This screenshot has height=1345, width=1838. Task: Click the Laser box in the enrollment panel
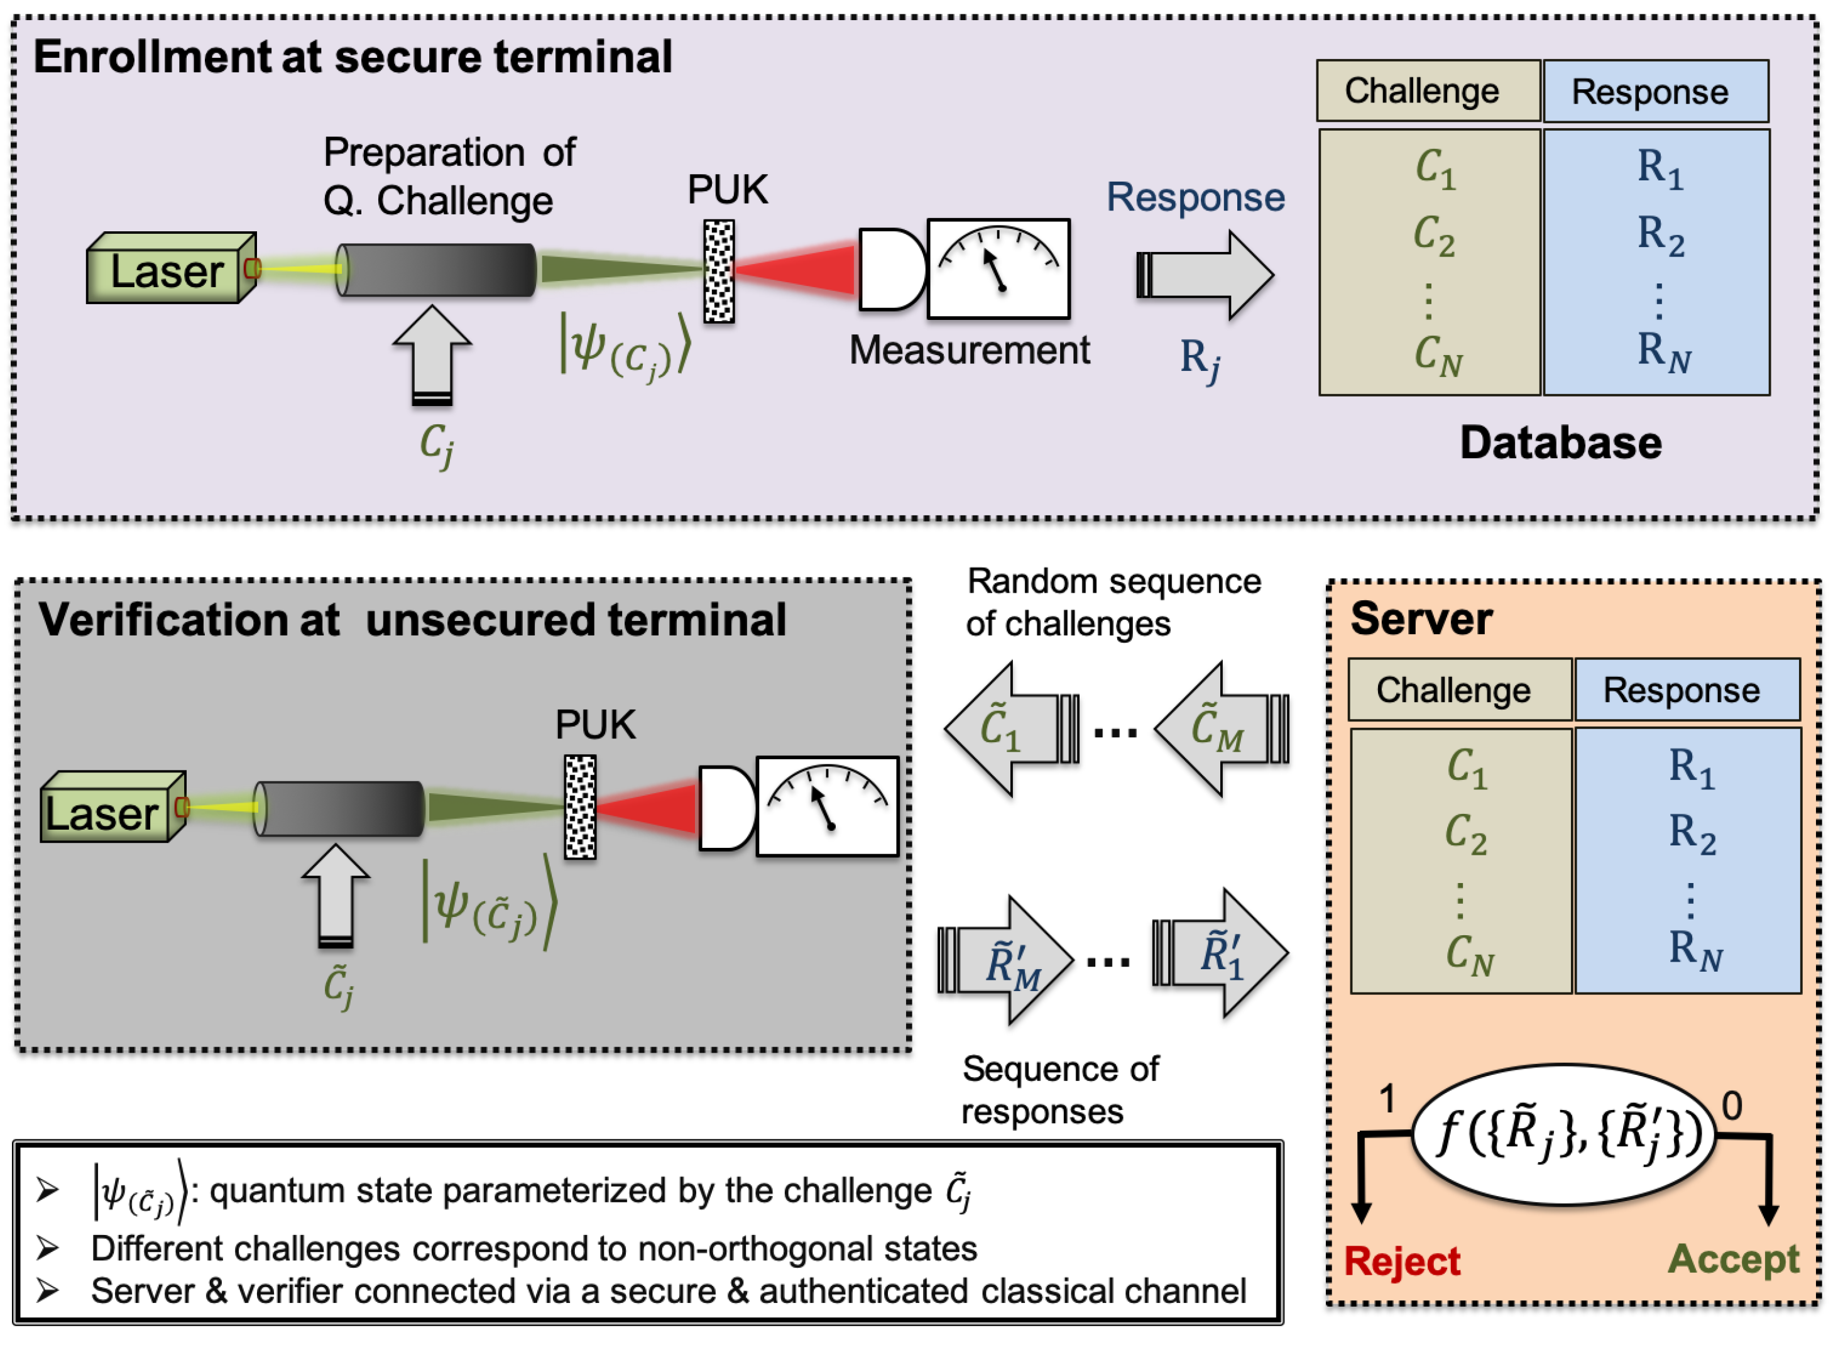[x=167, y=271]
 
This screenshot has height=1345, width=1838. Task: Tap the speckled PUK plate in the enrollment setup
[x=719, y=271]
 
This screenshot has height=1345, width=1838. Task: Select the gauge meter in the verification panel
[x=827, y=806]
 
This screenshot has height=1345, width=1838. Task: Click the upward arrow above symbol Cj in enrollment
[x=432, y=354]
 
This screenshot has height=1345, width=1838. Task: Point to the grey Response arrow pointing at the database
[x=1205, y=275]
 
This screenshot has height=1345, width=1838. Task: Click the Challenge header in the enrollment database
[x=1428, y=91]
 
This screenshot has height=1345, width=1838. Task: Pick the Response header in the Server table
[x=1687, y=689]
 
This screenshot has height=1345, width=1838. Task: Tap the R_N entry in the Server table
[x=1695, y=949]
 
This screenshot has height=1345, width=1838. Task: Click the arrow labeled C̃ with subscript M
[x=1221, y=728]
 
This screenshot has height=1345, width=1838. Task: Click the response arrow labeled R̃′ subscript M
[x=1006, y=961]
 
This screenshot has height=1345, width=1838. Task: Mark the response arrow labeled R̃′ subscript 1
[x=1221, y=953]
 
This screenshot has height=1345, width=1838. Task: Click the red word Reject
[x=1402, y=1261]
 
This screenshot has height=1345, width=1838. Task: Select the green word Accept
[x=1733, y=1259]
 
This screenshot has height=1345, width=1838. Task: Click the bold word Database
[x=1560, y=444]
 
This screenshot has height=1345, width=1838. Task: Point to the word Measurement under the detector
[x=969, y=351]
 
